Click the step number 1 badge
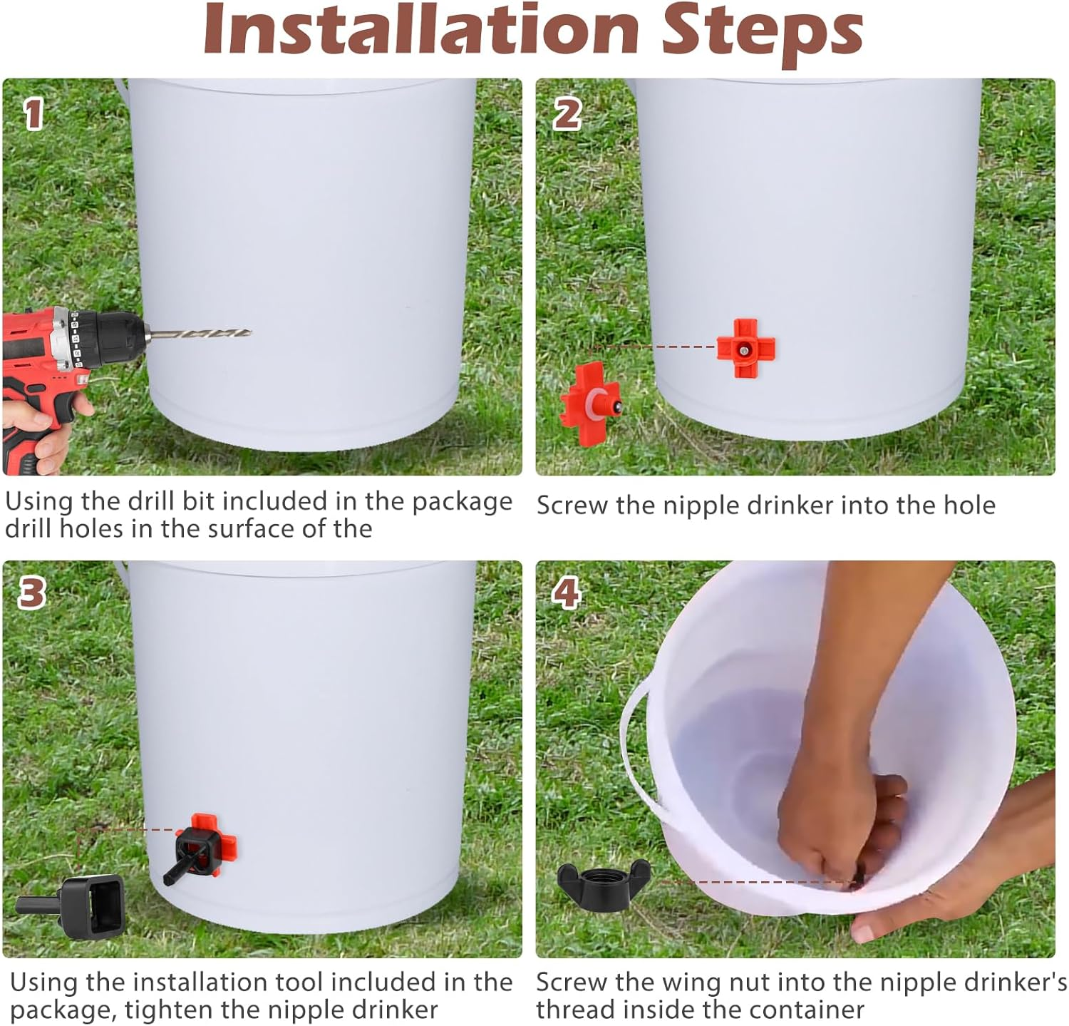[33, 114]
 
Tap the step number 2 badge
[567, 114]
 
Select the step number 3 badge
[31, 593]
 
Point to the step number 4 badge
[567, 593]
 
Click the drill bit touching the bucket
[200, 334]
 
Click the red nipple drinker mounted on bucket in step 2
[746, 349]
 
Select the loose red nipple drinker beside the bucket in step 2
[591, 404]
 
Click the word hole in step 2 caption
[971, 505]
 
